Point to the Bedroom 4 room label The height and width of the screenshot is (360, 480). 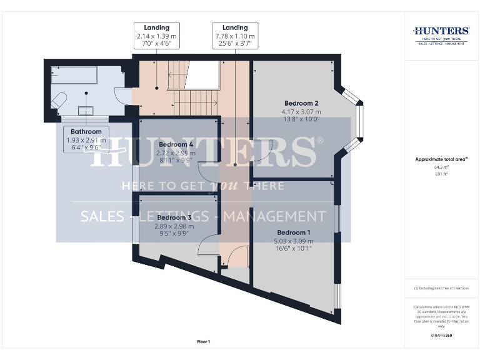(x=170, y=144)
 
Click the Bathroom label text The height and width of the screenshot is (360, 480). (x=86, y=132)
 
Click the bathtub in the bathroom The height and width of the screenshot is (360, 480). (x=73, y=76)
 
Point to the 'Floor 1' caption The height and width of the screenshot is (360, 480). (x=204, y=342)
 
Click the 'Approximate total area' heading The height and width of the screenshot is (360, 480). (x=441, y=159)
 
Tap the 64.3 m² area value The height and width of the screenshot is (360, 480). (x=441, y=167)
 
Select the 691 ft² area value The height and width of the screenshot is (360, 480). (x=441, y=174)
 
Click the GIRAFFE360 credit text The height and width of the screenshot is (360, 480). (x=441, y=336)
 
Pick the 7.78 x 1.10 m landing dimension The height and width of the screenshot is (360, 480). (x=235, y=37)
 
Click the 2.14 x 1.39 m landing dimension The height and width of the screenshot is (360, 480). (x=157, y=37)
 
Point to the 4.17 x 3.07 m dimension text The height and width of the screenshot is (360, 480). (x=301, y=111)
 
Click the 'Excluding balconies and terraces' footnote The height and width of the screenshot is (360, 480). (x=441, y=288)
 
